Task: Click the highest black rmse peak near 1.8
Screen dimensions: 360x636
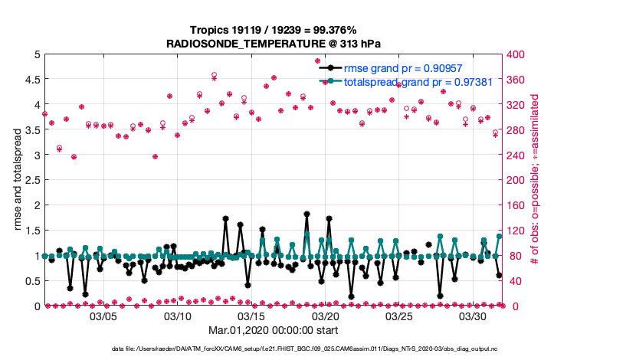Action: [x=307, y=214]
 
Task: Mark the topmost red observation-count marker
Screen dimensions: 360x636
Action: [x=317, y=61]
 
